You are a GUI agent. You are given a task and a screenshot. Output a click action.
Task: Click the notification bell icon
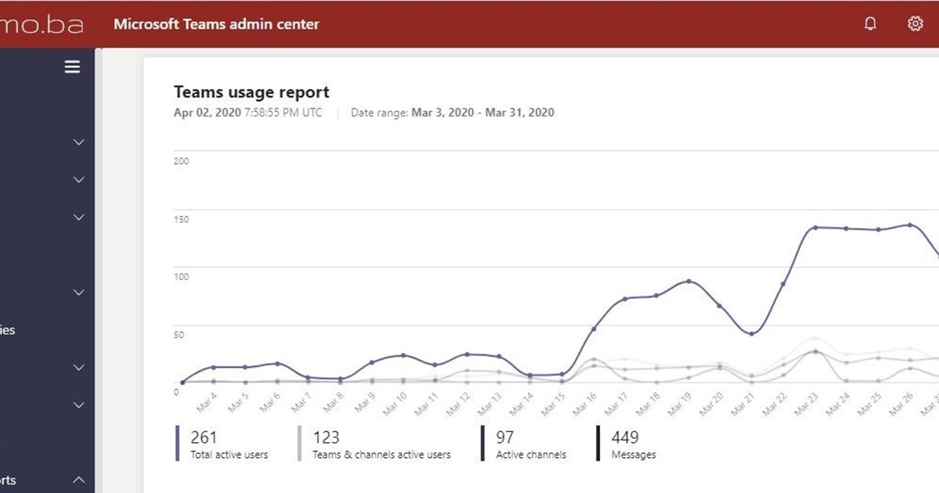[x=870, y=23]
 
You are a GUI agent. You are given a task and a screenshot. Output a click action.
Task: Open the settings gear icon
[x=915, y=23]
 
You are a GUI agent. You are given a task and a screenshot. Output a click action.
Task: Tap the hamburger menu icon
[x=72, y=67]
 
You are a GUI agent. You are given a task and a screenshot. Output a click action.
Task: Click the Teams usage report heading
[x=251, y=92]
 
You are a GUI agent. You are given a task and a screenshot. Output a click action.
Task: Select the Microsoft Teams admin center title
[x=216, y=23]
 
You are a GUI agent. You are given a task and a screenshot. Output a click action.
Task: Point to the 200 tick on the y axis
[x=182, y=161]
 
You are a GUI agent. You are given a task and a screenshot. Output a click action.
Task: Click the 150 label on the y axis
[x=182, y=219]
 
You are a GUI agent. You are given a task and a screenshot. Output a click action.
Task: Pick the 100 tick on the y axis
[x=182, y=277]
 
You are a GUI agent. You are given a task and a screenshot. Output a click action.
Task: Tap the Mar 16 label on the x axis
[x=585, y=402]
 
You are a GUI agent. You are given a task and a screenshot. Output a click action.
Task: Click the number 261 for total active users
[x=203, y=437]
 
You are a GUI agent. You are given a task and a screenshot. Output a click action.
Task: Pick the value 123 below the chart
[x=326, y=437]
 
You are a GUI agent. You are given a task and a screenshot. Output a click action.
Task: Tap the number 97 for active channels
[x=505, y=437]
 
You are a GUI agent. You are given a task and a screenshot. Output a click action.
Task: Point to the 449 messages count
[x=624, y=437]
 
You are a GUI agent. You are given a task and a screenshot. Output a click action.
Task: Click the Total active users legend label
[x=229, y=455]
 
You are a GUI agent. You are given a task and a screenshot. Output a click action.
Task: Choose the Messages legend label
[x=633, y=455]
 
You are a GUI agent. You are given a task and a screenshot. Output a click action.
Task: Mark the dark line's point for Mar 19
[x=689, y=281]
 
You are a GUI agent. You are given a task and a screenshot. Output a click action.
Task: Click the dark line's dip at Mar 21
[x=752, y=334]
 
